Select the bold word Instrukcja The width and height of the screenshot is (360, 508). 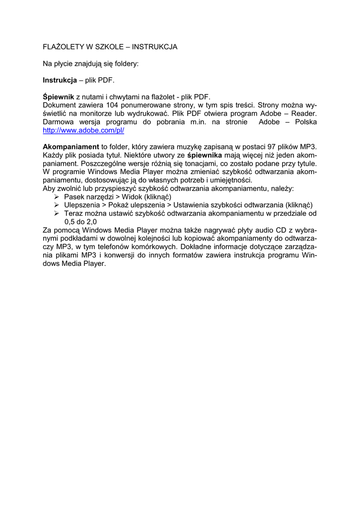coord(60,80)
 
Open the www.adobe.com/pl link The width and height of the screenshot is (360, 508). coord(83,130)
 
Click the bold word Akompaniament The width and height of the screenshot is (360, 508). coord(71,147)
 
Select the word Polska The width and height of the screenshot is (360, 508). coord(306,122)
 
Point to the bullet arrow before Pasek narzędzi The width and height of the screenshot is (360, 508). coord(56,197)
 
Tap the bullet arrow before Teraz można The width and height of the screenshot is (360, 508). coord(56,214)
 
